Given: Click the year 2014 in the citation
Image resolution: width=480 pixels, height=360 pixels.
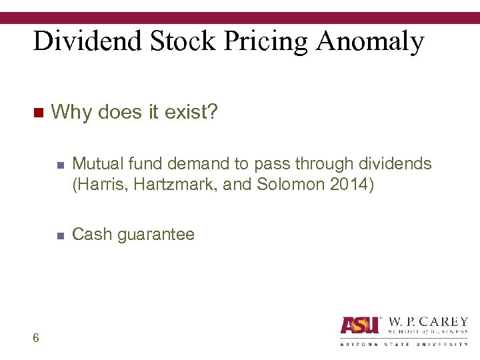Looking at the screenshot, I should (x=350, y=185).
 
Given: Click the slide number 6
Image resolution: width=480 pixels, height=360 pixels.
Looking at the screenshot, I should (x=35, y=338).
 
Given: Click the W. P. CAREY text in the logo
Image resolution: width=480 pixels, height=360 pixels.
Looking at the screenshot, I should (x=427, y=321).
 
